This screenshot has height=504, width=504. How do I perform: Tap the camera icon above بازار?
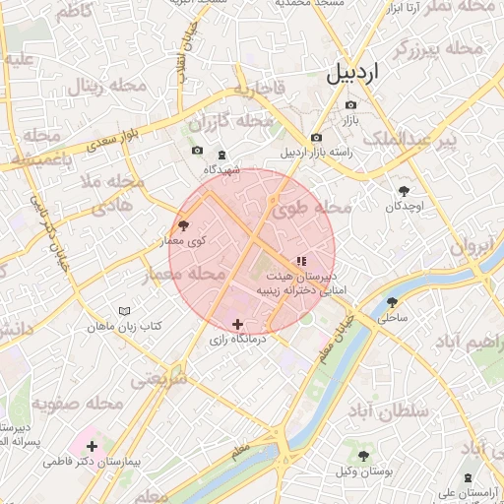pos(350,105)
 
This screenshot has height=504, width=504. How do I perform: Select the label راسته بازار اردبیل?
pos(316,154)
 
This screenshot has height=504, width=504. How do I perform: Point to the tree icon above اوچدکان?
pos(404,191)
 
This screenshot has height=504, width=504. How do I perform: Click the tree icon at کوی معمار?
pos(183,226)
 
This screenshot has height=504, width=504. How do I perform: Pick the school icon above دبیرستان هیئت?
pos(300,261)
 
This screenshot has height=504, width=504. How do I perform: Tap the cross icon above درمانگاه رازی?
pos(236,324)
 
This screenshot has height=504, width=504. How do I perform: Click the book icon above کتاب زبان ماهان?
pos(124,311)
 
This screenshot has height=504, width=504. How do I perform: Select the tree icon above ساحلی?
pos(393,302)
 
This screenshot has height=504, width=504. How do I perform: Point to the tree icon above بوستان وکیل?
pos(364,456)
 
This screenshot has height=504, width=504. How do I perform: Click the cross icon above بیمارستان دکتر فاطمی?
pos(92,447)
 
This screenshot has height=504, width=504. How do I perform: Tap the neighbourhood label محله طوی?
pos(312,208)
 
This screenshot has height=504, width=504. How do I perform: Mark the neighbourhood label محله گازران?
pos(230,122)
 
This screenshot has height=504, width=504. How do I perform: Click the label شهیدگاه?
pos(222,169)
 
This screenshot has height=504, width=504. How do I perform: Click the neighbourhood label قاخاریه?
pos(259,89)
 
